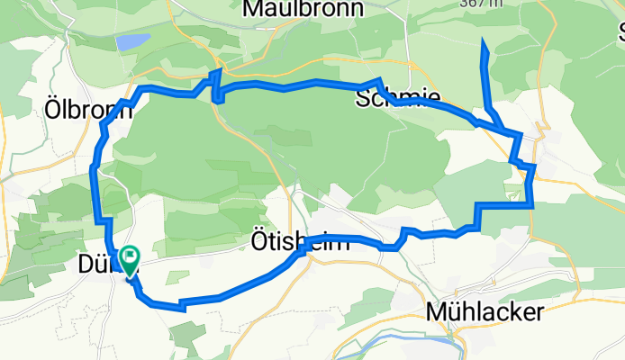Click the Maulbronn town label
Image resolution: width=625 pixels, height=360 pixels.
(303, 9)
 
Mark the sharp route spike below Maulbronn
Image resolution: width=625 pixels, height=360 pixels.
(217, 70)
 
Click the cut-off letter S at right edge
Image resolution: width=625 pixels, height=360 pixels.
(620, 34)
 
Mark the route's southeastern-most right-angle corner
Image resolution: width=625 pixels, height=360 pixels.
(533, 206)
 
